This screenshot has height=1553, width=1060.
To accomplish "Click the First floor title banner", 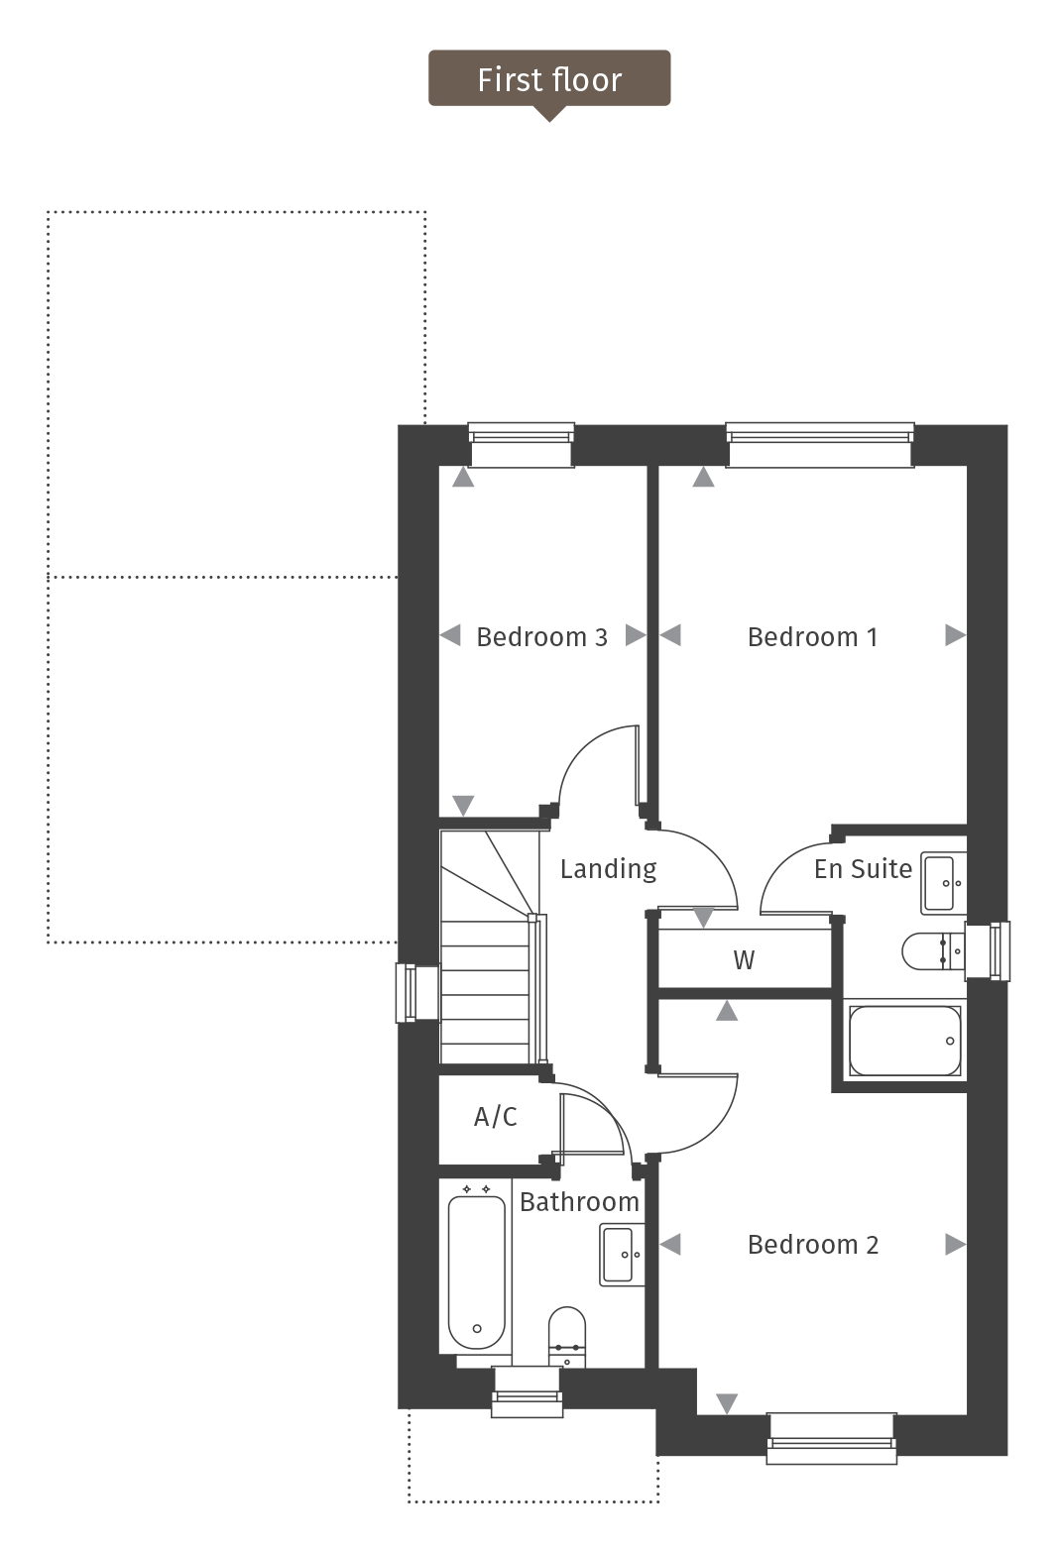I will click(549, 79).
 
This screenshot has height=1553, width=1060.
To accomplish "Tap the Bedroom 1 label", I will click(812, 637).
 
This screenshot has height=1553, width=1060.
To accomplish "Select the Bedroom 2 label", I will click(812, 1245).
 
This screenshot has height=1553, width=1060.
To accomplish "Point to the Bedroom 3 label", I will click(541, 637).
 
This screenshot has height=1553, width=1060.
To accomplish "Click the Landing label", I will click(608, 869).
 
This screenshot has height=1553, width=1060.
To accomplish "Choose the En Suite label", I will click(863, 869).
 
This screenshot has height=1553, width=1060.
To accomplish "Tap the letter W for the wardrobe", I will click(744, 960).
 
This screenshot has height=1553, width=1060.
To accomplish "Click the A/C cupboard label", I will click(496, 1117).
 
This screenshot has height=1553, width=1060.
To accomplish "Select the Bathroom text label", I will click(579, 1202).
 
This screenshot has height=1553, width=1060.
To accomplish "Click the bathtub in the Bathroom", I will click(477, 1272).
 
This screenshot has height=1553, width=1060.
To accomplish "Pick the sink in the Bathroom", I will click(621, 1255).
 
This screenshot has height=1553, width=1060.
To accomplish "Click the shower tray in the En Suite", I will click(904, 1042).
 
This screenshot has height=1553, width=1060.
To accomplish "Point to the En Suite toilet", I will click(929, 951).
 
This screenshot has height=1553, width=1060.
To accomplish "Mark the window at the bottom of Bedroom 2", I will click(831, 1438).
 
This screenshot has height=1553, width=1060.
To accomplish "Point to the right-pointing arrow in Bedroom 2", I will click(955, 1244).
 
